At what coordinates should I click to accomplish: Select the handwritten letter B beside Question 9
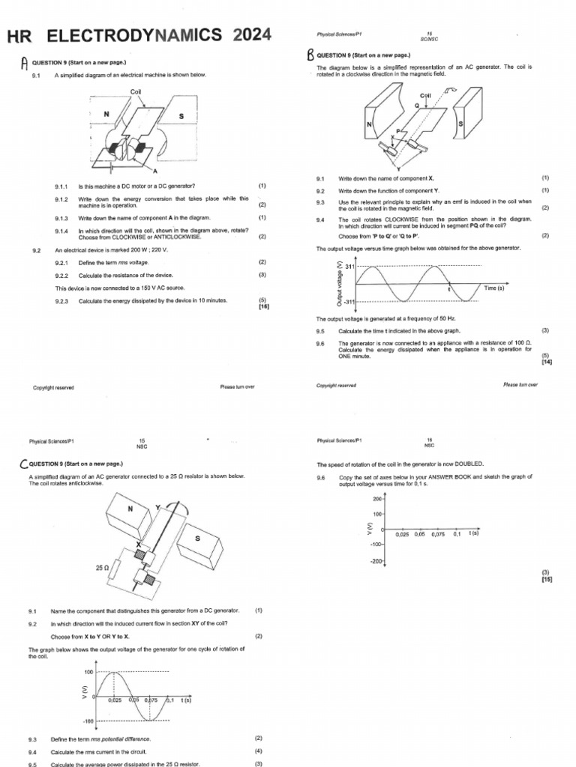310,55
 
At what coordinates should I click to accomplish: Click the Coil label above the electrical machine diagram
136,91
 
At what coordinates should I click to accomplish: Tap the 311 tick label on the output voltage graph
348,267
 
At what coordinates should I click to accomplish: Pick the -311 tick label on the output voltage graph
347,301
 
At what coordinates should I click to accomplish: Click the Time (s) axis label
493,288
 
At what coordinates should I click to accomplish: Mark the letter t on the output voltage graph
448,289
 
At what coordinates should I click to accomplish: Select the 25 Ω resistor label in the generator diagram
103,568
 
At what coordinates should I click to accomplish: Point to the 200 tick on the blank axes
376,497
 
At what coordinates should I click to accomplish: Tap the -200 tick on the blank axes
375,560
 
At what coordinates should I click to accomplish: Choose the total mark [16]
262,306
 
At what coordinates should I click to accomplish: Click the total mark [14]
545,362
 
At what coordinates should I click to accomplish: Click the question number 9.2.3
61,301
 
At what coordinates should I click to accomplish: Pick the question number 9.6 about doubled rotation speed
320,476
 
